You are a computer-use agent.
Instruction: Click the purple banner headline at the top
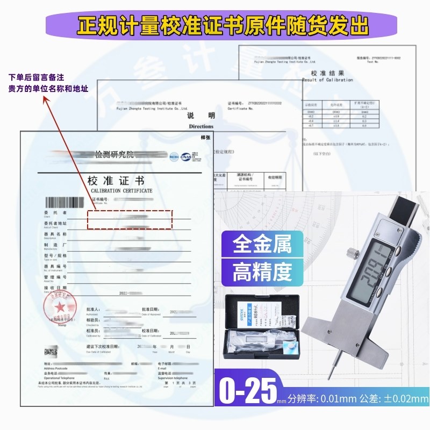(215, 25)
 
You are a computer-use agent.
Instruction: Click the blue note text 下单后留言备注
(39, 78)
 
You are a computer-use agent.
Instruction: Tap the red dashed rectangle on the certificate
(130, 219)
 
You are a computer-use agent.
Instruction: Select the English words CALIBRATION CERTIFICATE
(121, 191)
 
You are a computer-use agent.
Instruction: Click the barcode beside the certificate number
(64, 203)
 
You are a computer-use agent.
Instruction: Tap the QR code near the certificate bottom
(51, 353)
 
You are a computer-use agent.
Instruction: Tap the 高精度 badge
(262, 273)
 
